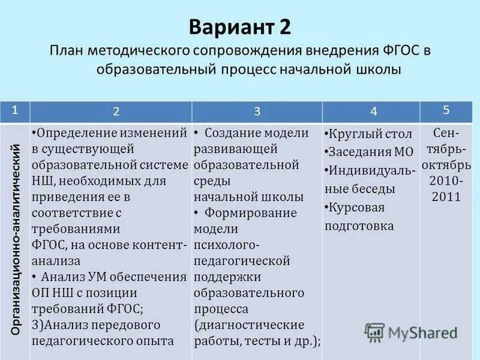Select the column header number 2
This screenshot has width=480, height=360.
(x=116, y=111)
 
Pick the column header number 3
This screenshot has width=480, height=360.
(x=257, y=111)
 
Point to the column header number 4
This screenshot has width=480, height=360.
(x=374, y=111)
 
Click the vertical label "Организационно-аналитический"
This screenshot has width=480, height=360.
(x=17, y=240)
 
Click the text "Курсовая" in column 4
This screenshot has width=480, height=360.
(x=356, y=208)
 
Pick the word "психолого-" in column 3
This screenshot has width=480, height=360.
(x=227, y=245)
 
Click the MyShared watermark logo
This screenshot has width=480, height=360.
(x=412, y=332)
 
